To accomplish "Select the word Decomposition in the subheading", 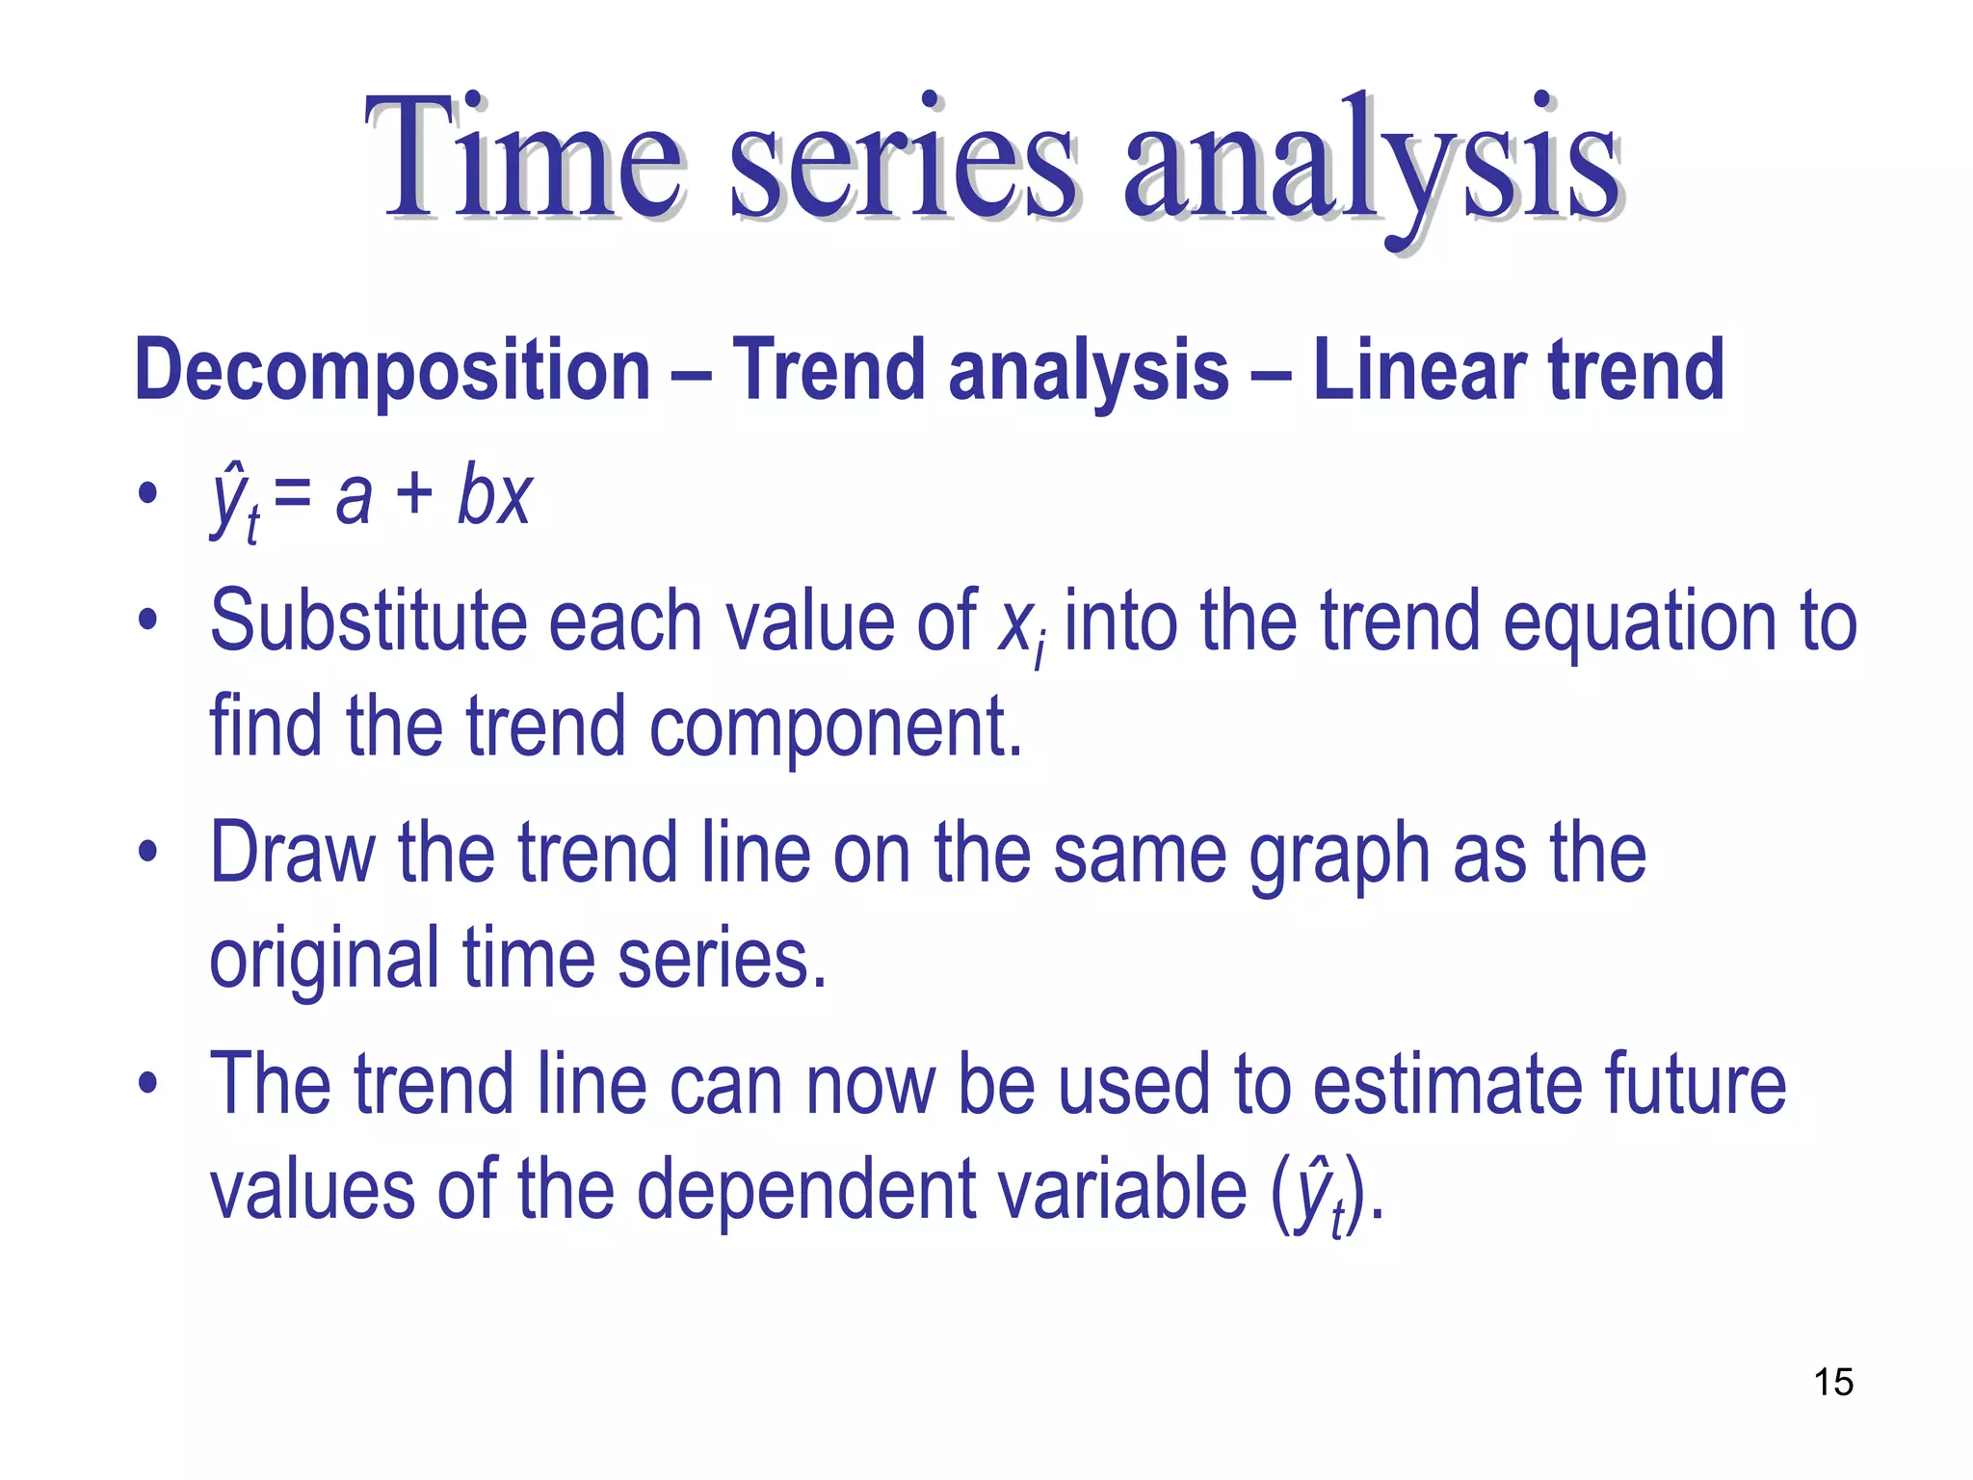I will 392,371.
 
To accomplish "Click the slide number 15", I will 1833,1382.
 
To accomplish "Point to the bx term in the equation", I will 494,496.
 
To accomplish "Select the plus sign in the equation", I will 414,496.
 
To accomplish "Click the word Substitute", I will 368,621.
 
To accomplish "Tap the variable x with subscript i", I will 1019,626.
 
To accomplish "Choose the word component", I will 834,727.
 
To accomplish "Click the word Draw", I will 292,853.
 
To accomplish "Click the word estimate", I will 1448,1085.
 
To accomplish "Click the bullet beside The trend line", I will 146,1083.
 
